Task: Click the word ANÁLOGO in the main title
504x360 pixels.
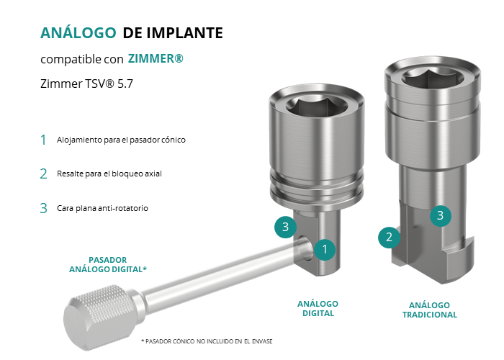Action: point(78,32)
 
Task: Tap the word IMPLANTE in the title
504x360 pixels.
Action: point(184,33)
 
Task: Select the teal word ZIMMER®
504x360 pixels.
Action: point(156,58)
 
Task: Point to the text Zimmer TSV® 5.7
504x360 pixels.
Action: point(86,84)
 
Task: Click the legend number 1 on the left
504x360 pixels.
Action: point(43,140)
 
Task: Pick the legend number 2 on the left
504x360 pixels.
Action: point(43,174)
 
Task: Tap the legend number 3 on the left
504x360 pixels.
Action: point(43,208)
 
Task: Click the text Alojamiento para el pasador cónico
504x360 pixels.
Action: point(121,140)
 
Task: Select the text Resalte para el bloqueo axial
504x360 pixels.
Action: point(109,174)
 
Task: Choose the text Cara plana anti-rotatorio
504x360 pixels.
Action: point(102,208)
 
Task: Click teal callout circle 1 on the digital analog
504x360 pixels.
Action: point(325,249)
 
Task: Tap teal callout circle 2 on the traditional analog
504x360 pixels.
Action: point(389,237)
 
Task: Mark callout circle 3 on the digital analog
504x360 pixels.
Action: point(285,227)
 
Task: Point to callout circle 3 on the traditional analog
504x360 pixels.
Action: point(441,215)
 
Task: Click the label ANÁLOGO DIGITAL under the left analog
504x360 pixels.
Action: point(318,309)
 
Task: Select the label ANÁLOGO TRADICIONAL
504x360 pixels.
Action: point(429,310)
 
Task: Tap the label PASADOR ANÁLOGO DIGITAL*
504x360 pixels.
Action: point(108,264)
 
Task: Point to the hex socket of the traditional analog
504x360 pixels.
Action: point(433,78)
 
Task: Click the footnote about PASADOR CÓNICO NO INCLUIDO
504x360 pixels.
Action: point(207,341)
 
